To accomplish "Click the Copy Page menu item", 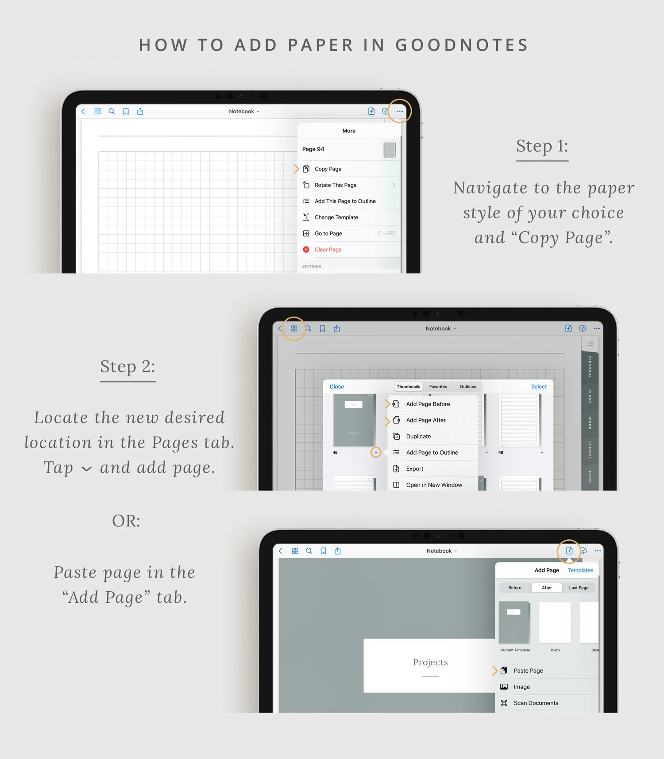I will coord(328,169).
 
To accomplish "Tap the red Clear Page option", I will coord(328,250).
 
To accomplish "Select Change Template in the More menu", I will coord(336,217).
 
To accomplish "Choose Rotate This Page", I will coord(336,185).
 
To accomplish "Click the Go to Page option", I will coord(328,233).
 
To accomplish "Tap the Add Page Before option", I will coord(428,404).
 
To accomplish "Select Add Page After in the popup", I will coord(425,420).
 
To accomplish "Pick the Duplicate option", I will coord(418,437).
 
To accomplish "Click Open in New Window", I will coord(434,485).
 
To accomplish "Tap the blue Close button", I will coord(336,387).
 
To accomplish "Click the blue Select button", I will coord(539,387).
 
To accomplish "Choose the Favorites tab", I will coord(438,387).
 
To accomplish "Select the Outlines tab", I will coord(468,387).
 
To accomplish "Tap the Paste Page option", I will coord(528,671).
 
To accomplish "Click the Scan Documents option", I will coord(536,703).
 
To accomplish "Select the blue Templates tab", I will coord(580,570).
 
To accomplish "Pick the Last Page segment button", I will coord(579,588).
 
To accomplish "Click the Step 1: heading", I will coord(542,146).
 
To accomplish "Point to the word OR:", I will coord(126,521).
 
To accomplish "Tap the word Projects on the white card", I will coord(430,662).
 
